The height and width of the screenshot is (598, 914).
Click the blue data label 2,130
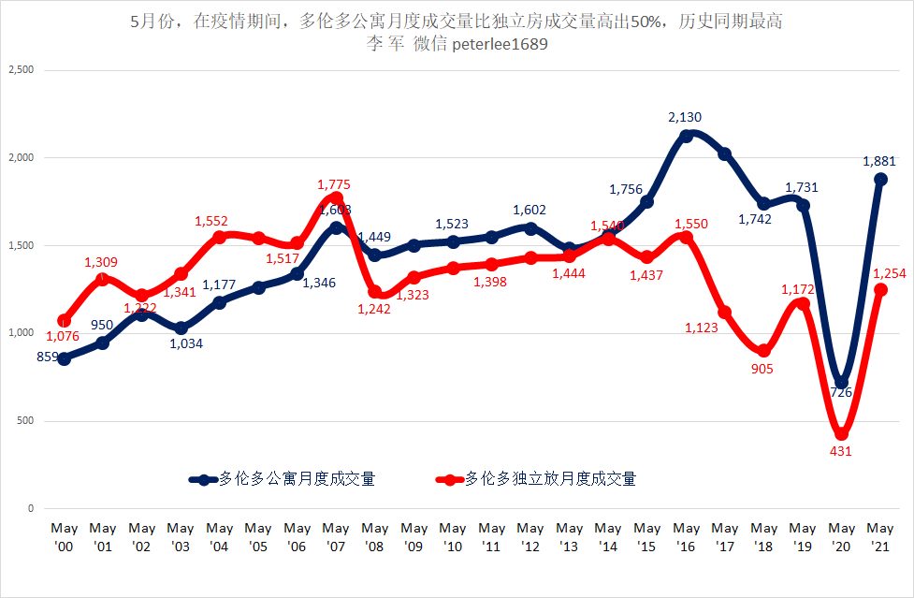tap(685, 117)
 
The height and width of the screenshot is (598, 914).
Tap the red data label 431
tap(841, 452)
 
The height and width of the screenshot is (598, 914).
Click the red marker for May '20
tap(841, 433)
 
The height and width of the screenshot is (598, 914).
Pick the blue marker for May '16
tap(686, 136)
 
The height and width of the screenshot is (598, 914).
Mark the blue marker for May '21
tap(880, 180)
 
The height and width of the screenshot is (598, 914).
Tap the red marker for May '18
tap(763, 351)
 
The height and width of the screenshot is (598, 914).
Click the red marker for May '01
tap(103, 279)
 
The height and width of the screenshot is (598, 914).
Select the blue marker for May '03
tap(181, 328)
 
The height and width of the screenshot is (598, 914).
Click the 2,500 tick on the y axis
tap(21, 70)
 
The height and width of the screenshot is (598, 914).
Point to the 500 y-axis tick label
tap(25, 421)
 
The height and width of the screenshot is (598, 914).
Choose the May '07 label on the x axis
tap(336, 536)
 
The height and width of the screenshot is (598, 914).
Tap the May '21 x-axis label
tap(880, 536)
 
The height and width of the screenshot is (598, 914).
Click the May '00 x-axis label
tap(64, 536)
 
